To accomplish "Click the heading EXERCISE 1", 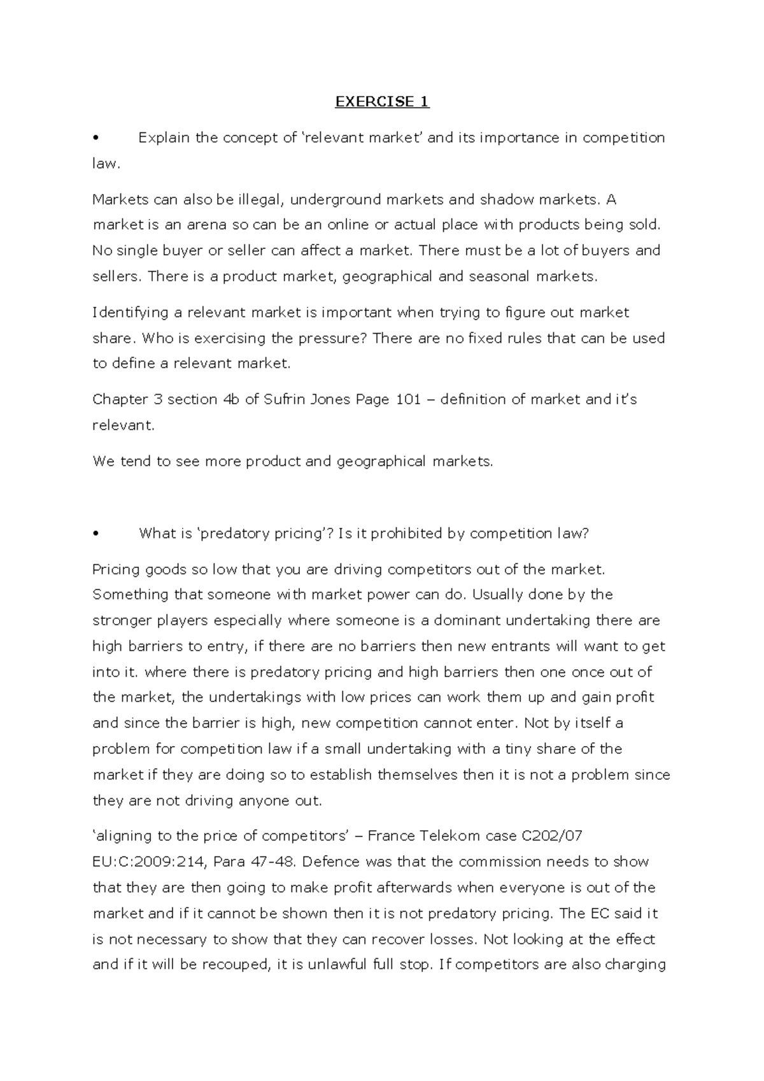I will coord(382,102).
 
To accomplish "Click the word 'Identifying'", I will coord(129,313).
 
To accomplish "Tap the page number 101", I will coord(408,400).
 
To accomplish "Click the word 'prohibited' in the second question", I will coord(407,534).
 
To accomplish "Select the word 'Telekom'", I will coord(449,836).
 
